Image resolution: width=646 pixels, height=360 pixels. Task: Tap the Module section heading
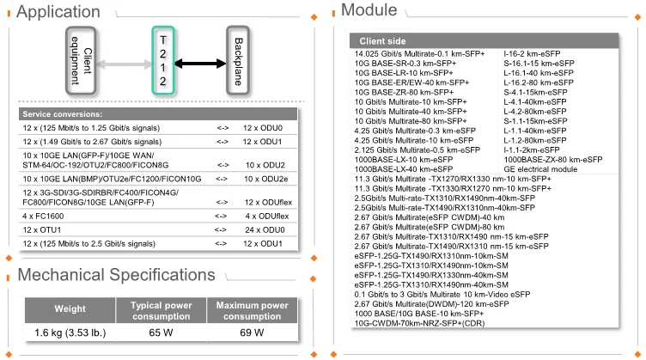click(369, 10)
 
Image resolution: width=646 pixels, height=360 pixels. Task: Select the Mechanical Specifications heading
click(117, 275)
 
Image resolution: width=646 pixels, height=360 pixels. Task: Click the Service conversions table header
click(62, 114)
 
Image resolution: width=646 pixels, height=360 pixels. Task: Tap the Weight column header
click(70, 309)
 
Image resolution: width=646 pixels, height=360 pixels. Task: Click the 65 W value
click(159, 333)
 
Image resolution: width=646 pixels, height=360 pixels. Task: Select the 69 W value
click(252, 333)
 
